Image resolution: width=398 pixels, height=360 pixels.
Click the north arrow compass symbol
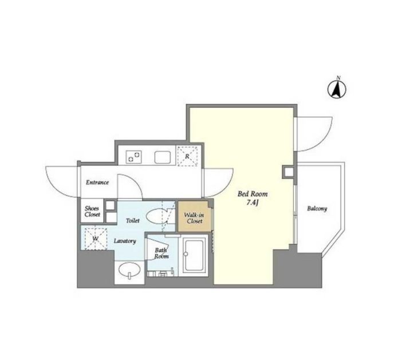click(337, 89)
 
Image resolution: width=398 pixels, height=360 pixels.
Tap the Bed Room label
click(253, 194)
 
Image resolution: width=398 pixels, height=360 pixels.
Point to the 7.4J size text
click(253, 203)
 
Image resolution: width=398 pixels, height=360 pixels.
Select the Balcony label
click(317, 208)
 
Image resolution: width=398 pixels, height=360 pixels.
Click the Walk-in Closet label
click(194, 218)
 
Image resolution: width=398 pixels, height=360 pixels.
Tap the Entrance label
click(97, 182)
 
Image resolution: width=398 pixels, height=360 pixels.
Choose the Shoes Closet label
click(92, 211)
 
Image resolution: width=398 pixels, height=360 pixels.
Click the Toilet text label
click(133, 220)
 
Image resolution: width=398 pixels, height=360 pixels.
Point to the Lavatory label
click(125, 241)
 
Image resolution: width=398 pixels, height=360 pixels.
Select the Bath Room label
click(161, 253)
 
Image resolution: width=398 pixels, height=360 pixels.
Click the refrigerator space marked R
click(187, 156)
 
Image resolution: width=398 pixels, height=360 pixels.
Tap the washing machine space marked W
click(96, 239)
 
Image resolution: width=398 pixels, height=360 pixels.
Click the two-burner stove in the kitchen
click(134, 156)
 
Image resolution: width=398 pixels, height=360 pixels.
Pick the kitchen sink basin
click(163, 157)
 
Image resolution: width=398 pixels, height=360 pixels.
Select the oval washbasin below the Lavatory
click(130, 270)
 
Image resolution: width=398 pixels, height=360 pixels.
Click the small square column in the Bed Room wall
click(289, 172)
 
